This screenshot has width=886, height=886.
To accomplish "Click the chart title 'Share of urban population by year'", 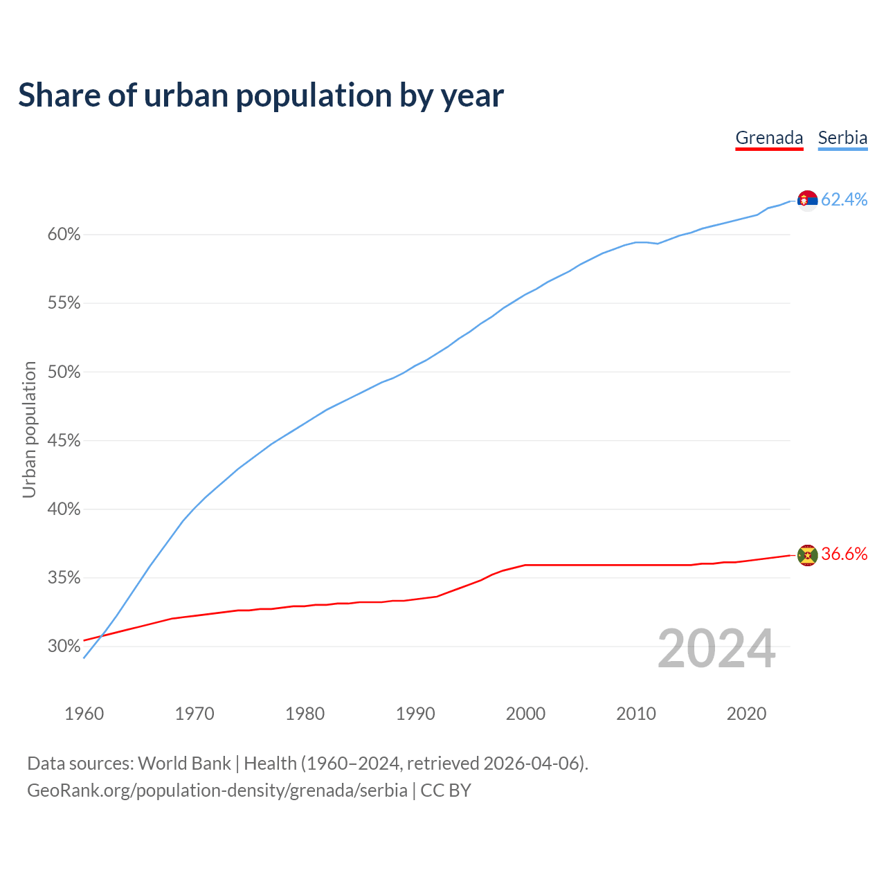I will (x=261, y=96).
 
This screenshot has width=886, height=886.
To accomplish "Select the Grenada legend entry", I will (x=769, y=138).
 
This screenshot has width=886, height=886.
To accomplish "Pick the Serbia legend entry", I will (x=842, y=138).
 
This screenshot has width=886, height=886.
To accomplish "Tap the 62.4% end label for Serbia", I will (x=844, y=199).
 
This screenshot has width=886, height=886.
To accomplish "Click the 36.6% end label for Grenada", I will (x=844, y=554).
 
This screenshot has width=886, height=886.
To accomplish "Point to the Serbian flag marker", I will (x=807, y=200).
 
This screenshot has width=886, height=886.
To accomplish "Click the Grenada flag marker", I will (x=807, y=554).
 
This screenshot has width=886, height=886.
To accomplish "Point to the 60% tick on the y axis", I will (x=64, y=235).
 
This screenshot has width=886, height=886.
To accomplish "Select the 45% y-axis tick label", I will (x=64, y=441).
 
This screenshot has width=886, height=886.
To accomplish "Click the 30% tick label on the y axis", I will (x=64, y=647).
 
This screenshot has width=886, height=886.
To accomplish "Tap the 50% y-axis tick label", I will (x=64, y=372).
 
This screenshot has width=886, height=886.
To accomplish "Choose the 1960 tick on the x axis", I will (x=84, y=714).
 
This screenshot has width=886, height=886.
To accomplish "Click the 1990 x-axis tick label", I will (x=415, y=714).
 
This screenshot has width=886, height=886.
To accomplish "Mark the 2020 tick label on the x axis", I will (x=746, y=714).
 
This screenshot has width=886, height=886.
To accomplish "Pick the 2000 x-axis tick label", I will (x=525, y=714).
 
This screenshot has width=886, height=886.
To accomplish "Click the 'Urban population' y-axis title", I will (x=29, y=429).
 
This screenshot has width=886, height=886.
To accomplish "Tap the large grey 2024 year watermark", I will (x=716, y=649).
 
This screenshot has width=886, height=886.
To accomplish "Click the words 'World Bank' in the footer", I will (x=184, y=763).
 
